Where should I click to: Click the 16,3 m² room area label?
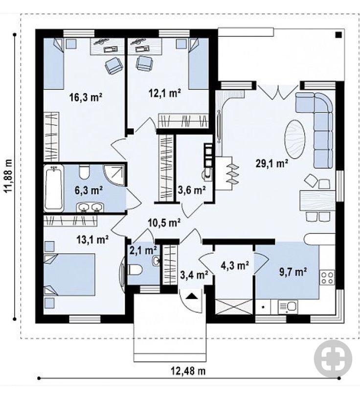point(86,97)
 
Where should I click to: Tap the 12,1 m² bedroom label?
point(164,93)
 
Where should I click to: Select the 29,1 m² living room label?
point(272,163)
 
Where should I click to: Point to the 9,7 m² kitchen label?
point(293,272)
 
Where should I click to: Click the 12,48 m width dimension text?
point(188,371)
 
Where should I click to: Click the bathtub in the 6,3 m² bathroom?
point(54,187)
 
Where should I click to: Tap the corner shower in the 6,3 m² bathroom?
point(114,176)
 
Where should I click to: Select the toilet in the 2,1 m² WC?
point(136,270)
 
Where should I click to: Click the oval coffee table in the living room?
point(295,139)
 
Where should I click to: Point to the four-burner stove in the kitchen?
point(327,278)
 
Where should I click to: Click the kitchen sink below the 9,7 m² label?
point(288,306)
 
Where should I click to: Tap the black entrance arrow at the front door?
point(192,296)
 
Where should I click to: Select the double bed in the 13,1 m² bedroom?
point(69,275)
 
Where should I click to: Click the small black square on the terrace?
point(338,35)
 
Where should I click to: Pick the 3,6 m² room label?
point(192,189)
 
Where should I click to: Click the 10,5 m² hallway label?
point(164,223)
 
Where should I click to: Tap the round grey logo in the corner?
point(333,359)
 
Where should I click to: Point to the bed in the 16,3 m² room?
point(53,64)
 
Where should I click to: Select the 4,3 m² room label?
point(235,266)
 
